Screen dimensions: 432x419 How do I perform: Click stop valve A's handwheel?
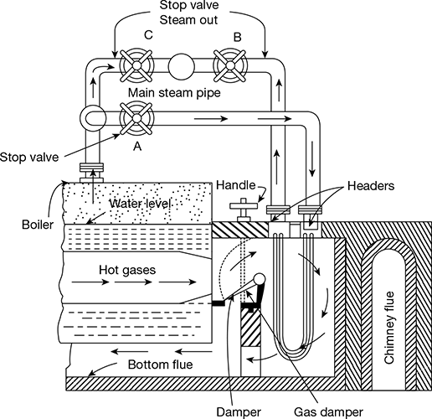tap(136, 118)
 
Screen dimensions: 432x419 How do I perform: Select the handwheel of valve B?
tap(230, 65)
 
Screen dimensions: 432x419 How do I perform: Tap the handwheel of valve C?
tap(136, 65)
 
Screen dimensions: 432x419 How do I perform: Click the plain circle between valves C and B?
tap(182, 66)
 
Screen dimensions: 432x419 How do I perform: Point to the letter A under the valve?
tap(137, 146)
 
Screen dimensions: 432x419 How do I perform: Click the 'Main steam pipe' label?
tap(174, 93)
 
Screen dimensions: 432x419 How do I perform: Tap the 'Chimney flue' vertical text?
tap(389, 328)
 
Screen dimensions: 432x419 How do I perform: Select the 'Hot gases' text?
tap(127, 270)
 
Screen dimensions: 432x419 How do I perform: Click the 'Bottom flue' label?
tap(160, 365)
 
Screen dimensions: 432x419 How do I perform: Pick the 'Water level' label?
tap(140, 204)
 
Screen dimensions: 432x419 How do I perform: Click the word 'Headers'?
tap(371, 186)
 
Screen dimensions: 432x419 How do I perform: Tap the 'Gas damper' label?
tap(329, 412)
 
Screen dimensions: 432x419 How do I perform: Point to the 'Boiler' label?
tap(38, 225)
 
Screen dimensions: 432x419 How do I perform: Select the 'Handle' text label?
tap(236, 185)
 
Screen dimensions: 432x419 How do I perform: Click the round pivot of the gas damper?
tap(260, 279)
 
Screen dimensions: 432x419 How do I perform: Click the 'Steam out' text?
tap(188, 20)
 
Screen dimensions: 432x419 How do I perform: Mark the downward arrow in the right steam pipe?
tap(312, 159)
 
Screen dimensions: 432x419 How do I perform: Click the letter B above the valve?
tap(237, 37)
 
